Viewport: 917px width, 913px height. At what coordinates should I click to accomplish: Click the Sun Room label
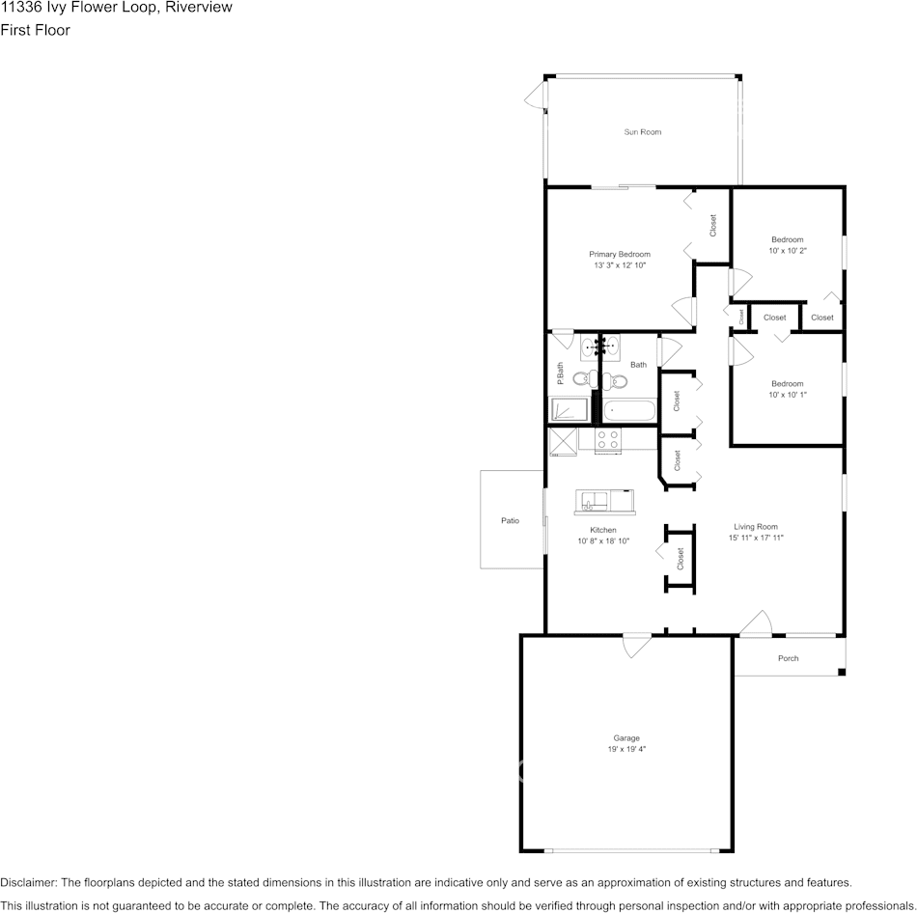(x=642, y=132)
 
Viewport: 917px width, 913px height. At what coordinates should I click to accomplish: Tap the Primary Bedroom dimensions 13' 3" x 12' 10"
(x=619, y=264)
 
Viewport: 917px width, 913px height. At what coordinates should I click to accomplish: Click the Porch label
(x=788, y=659)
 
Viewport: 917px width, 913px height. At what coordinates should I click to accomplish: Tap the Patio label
(x=510, y=521)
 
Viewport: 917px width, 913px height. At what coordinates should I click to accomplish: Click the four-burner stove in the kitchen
(x=608, y=440)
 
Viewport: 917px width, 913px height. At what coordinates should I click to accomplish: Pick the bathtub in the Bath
(x=629, y=410)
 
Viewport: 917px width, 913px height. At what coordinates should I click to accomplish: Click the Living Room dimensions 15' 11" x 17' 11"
(x=755, y=537)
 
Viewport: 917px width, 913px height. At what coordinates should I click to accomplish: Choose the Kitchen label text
(x=603, y=530)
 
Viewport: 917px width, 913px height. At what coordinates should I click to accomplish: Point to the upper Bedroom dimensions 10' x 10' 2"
(x=787, y=250)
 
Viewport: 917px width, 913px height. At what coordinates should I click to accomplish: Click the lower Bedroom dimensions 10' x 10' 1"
(x=787, y=394)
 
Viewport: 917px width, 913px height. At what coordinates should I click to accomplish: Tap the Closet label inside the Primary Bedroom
(x=713, y=226)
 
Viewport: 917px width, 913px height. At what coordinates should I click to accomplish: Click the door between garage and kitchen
(x=636, y=645)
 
